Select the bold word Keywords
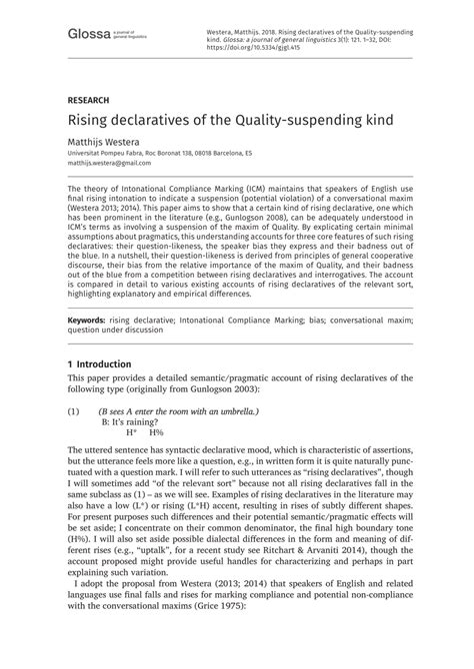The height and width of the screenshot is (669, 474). click(x=86, y=321)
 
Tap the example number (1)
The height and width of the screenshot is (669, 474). click(x=73, y=411)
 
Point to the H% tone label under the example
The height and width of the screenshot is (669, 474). click(x=156, y=433)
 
